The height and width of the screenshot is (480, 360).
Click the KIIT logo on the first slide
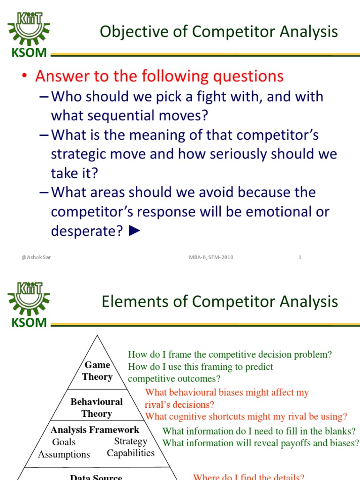point(29,34)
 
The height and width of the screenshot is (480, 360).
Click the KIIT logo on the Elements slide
point(29,305)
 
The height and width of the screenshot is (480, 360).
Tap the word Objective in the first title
point(135,32)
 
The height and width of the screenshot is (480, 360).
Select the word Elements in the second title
point(135,301)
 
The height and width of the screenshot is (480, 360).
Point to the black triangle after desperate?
point(135,231)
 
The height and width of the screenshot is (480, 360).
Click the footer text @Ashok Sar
point(36,257)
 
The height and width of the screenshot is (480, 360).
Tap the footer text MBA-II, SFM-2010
point(211,257)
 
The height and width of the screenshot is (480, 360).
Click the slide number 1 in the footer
point(300,257)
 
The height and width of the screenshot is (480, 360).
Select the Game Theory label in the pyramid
point(97,371)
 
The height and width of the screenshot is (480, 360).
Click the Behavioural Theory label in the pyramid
point(97,407)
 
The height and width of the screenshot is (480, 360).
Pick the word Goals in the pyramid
point(64,442)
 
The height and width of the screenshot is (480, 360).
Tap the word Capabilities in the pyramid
point(131,453)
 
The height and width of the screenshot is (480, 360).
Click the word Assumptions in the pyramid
point(64,454)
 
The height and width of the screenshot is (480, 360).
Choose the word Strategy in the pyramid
point(131,442)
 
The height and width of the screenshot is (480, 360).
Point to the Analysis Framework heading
point(95,430)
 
